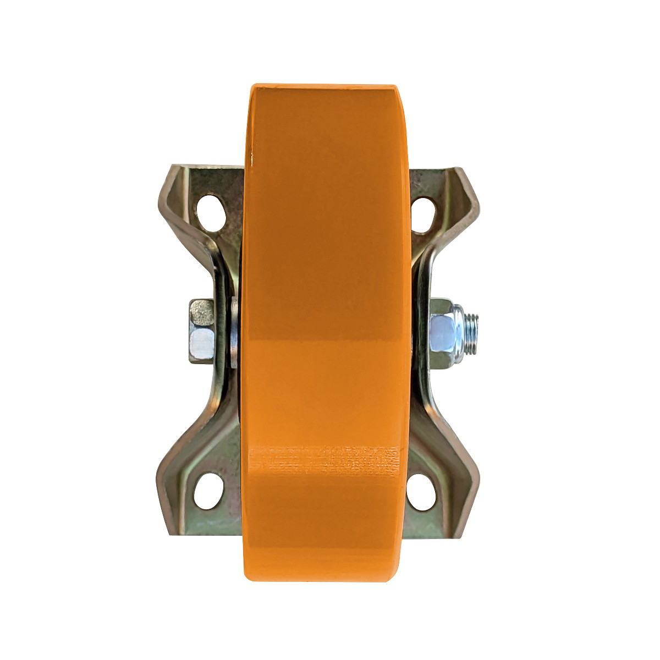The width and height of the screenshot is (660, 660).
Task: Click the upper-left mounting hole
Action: pyautogui.click(x=211, y=210)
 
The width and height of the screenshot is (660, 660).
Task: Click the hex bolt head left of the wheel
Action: pyautogui.click(x=202, y=331)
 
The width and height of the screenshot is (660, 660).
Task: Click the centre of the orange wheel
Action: pyautogui.click(x=327, y=333)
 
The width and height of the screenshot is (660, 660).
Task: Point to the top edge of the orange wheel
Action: pyautogui.click(x=324, y=86)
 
